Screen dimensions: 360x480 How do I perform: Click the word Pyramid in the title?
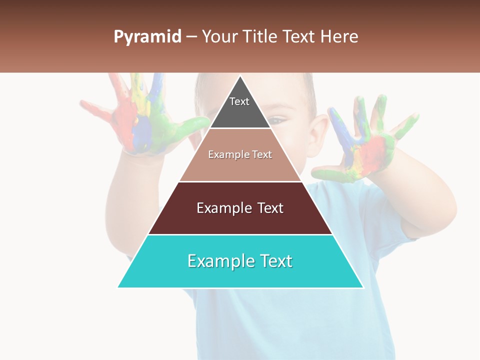coord(147,36)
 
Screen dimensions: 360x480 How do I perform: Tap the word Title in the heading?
coord(262,36)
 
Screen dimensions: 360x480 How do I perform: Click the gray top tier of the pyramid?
coord(240,112)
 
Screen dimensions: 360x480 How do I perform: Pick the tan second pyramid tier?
coord(240,167)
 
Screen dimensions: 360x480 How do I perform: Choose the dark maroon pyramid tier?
coord(240,220)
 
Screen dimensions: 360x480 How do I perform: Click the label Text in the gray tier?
coord(239,101)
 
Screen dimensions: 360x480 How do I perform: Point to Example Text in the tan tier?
coord(240,154)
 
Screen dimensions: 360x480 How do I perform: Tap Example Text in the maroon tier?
coord(240,208)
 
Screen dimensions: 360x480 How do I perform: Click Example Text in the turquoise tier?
coord(240,261)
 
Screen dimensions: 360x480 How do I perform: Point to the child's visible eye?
coord(276,119)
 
